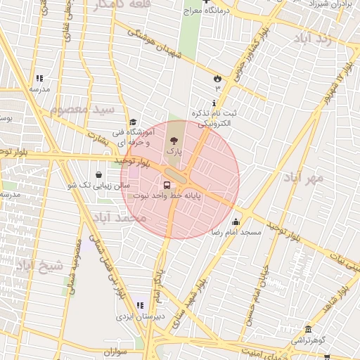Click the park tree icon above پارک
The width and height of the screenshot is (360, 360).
click(174, 140)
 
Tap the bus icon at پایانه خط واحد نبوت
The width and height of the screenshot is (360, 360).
click(166, 186)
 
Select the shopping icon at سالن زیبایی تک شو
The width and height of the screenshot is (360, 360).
click(98, 174)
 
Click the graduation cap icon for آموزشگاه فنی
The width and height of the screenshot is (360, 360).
click(132, 122)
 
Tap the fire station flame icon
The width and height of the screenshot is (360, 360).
click(217, 79)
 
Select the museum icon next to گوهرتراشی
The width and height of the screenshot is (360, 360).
click(308, 330)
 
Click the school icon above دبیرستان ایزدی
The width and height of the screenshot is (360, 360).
click(139, 305)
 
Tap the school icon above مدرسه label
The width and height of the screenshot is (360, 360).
click(39, 78)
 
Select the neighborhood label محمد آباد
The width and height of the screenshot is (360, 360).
click(122, 218)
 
